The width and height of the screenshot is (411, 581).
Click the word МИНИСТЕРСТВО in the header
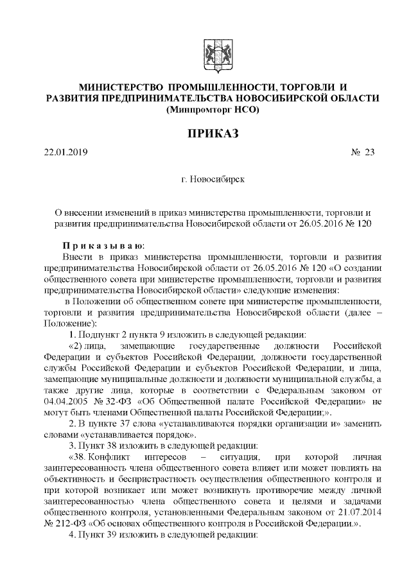click(119, 87)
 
